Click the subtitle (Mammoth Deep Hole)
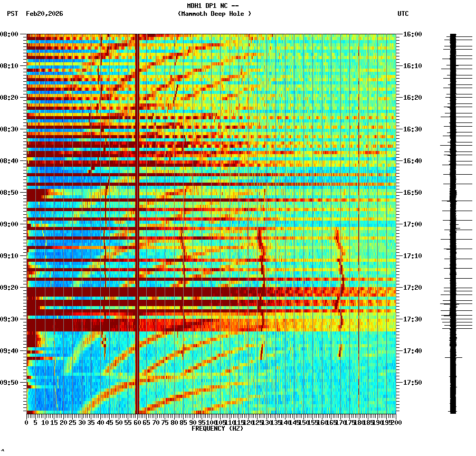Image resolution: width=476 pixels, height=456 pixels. (214, 14)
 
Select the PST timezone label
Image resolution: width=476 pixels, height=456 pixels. (13, 14)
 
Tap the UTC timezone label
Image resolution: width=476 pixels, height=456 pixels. (403, 14)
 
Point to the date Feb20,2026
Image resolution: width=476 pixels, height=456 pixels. (44, 14)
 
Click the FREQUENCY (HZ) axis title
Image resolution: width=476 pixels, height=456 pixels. (217, 429)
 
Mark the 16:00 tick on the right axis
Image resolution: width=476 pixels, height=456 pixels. (412, 34)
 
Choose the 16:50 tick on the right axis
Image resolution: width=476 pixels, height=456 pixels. (412, 193)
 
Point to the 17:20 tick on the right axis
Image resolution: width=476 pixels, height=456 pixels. (412, 288)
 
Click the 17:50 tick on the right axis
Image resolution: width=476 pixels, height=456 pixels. (412, 383)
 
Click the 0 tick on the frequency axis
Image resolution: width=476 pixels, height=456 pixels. (27, 422)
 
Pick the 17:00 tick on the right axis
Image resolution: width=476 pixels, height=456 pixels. (412, 224)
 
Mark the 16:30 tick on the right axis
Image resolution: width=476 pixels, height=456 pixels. (412, 129)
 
